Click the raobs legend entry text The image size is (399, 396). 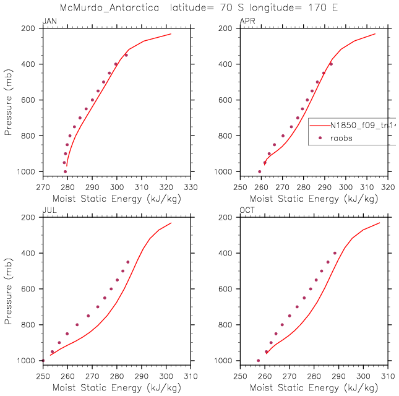pyautogui.click(x=340, y=138)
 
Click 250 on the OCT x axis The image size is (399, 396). pyautogui.click(x=240, y=375)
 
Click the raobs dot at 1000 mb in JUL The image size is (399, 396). pyautogui.click(x=43, y=360)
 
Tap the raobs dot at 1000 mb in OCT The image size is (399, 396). pyautogui.click(x=259, y=360)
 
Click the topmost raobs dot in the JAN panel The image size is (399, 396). pyautogui.click(x=126, y=55)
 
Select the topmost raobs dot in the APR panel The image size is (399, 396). pyautogui.click(x=331, y=64)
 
